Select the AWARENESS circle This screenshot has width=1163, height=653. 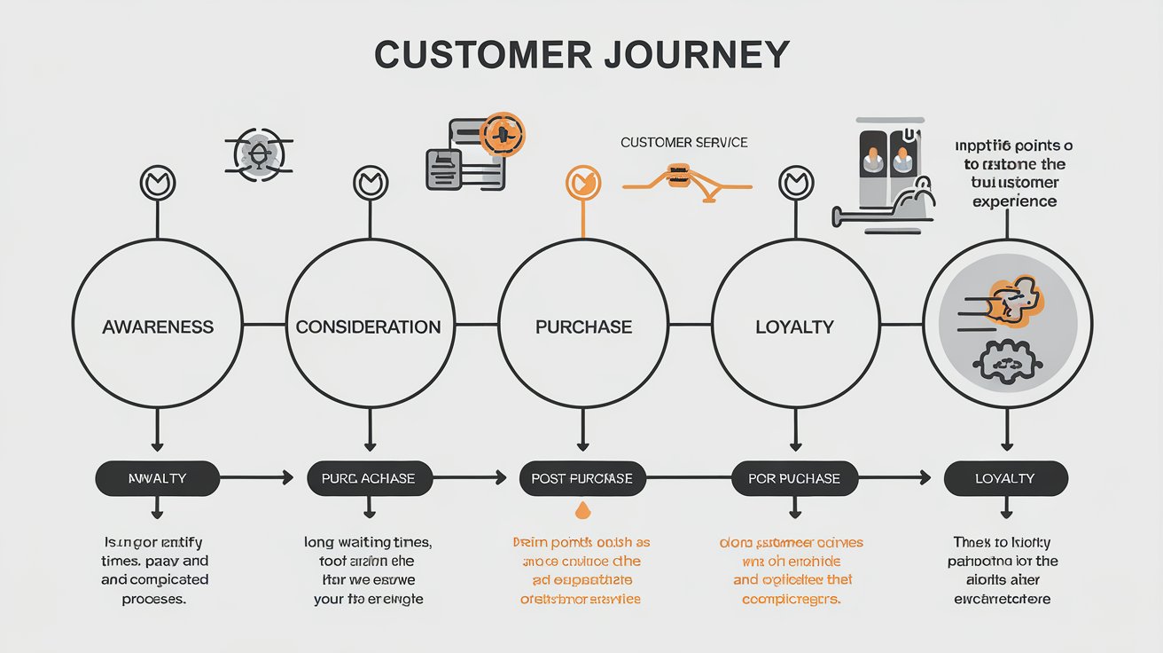[158, 326]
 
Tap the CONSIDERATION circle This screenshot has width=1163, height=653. [369, 326]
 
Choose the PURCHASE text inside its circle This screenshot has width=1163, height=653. [583, 326]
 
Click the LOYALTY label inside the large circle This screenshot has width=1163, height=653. [794, 326]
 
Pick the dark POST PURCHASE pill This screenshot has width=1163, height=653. [581, 478]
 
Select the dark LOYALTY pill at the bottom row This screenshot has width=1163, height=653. [1005, 478]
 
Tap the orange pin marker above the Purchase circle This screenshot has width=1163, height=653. [582, 184]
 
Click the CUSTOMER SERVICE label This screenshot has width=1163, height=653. [683, 142]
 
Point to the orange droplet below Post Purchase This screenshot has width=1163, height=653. [582, 510]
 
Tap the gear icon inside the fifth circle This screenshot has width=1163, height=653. [1004, 361]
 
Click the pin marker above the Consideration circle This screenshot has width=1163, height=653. [371, 184]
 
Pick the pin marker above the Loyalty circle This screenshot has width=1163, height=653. [795, 184]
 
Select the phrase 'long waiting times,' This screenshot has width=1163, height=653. [368, 542]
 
